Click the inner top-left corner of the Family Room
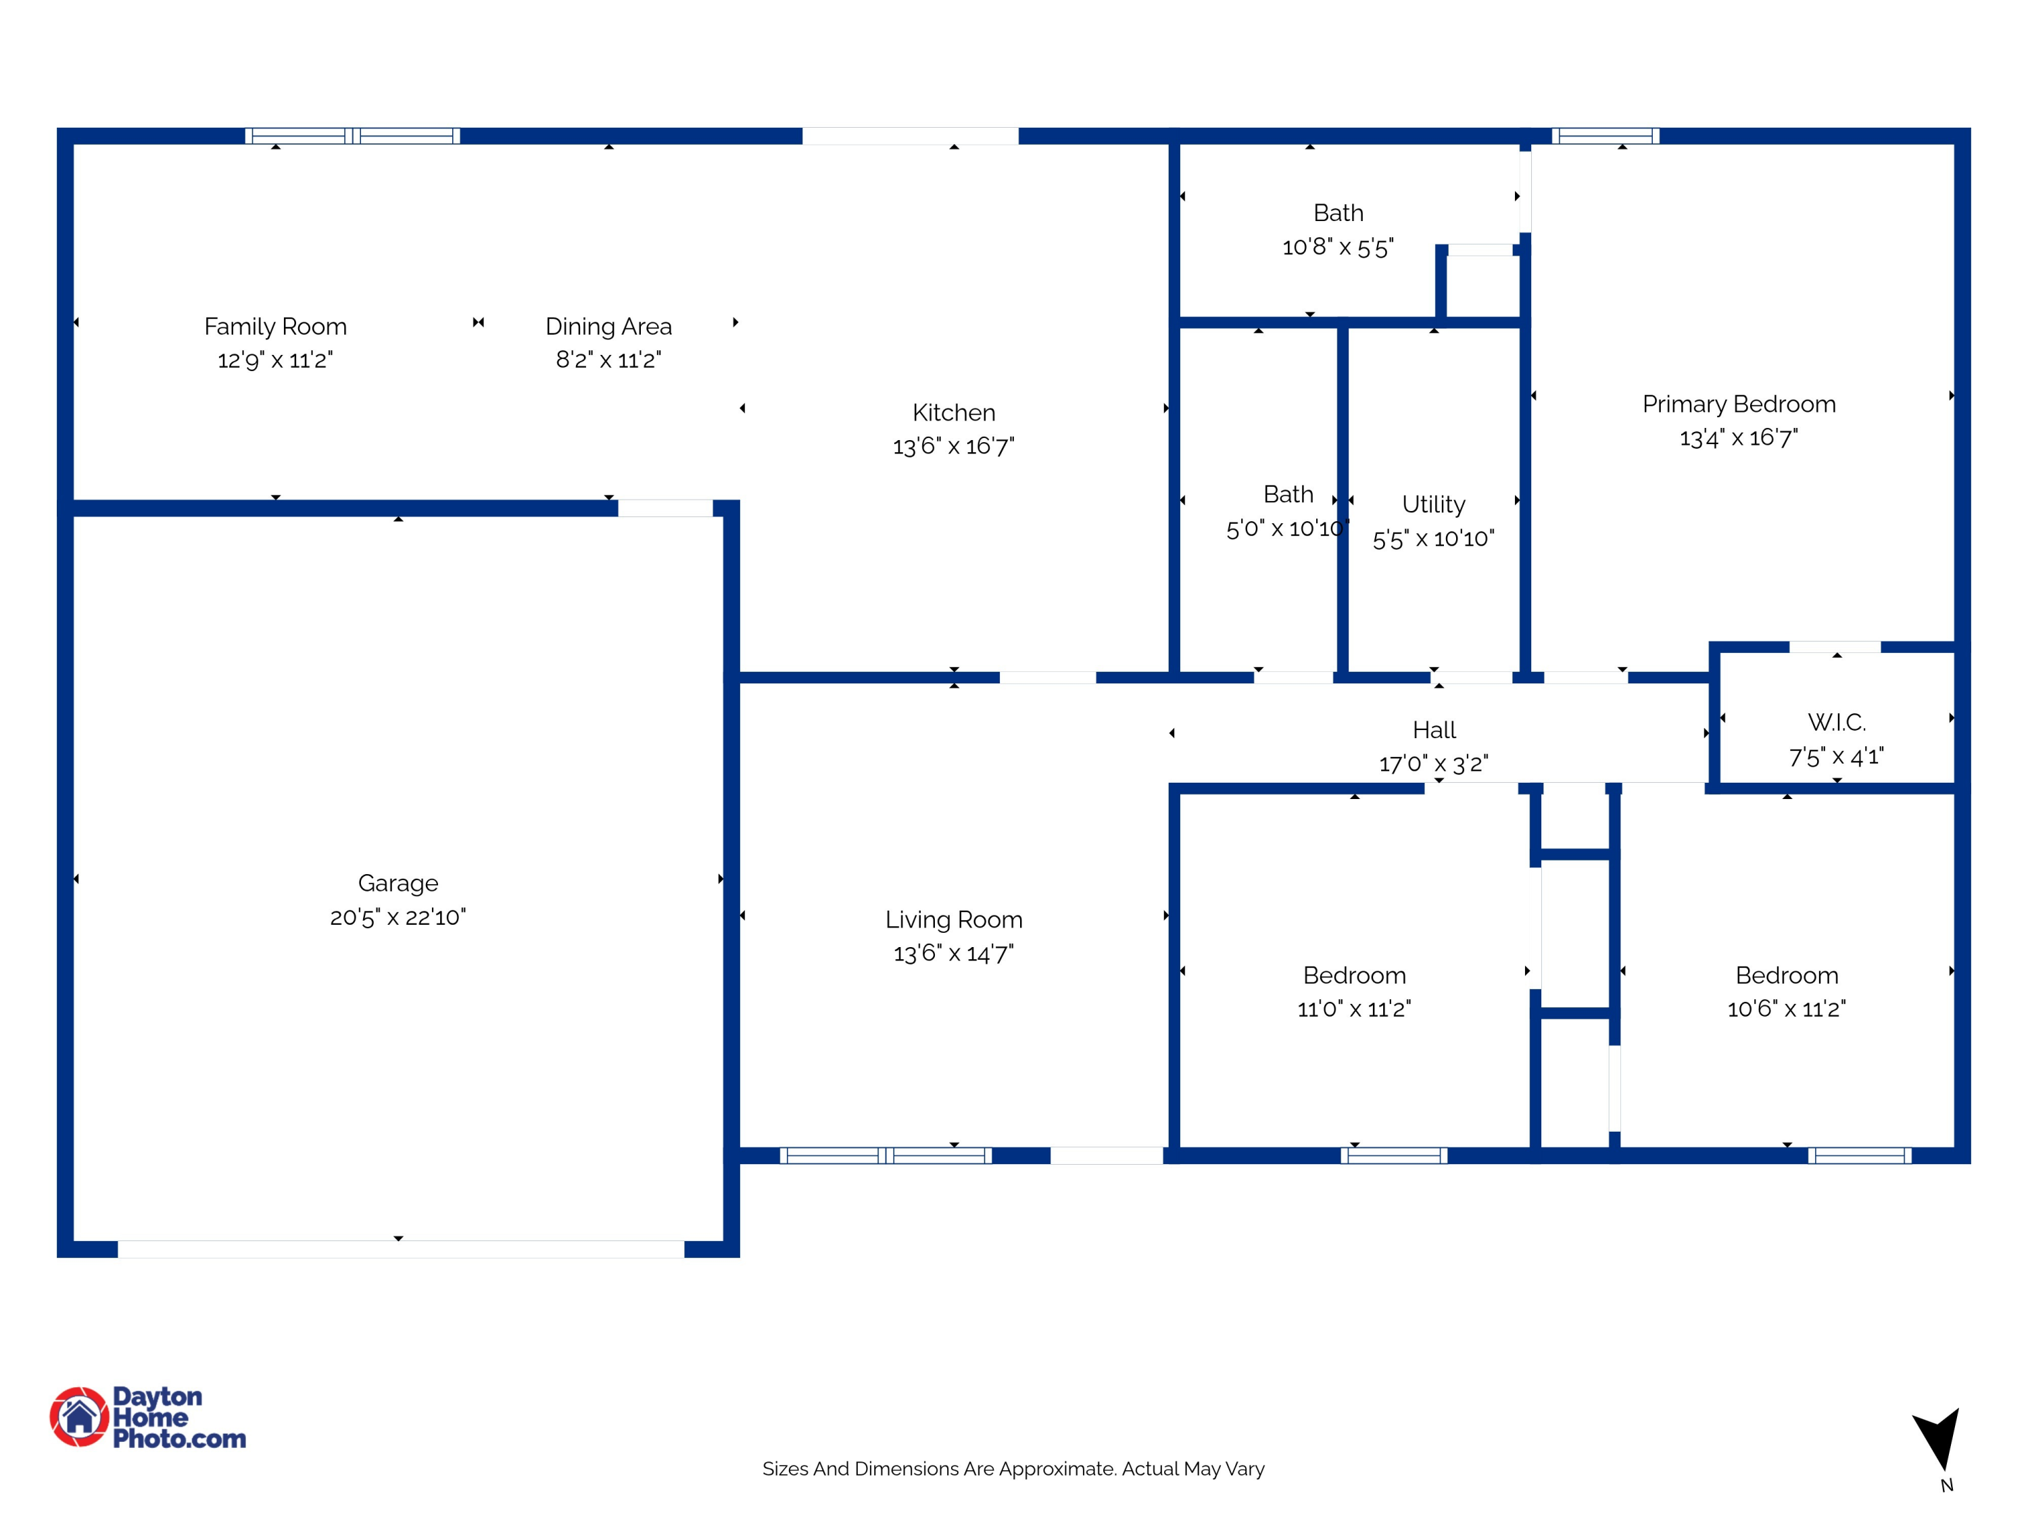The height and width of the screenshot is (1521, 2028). click(x=73, y=145)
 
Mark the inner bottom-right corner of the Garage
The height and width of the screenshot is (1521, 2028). click(x=723, y=1240)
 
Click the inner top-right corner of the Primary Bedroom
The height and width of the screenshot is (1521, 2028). click(x=1954, y=145)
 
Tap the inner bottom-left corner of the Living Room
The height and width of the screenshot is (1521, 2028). click(x=740, y=1147)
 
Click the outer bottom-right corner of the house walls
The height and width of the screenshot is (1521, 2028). click(x=1971, y=1164)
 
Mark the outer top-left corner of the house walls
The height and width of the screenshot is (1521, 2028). click(x=57, y=128)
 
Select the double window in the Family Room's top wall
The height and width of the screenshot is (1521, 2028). click(x=353, y=137)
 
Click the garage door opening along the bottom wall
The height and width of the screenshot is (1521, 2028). click(x=401, y=1249)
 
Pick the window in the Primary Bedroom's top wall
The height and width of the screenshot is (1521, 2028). click(x=1605, y=137)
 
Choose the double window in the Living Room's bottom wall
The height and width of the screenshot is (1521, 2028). click(x=886, y=1155)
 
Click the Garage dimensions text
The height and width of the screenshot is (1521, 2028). click(x=398, y=917)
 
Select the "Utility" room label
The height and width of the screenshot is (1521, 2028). click(x=1434, y=505)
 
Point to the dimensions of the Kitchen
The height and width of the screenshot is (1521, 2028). click(x=953, y=446)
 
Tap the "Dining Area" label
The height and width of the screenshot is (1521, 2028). click(x=609, y=327)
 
